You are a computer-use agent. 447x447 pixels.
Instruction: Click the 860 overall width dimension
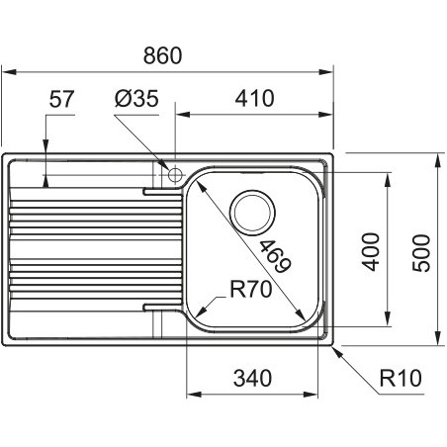click(x=162, y=55)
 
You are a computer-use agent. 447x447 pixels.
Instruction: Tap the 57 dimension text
click(x=61, y=99)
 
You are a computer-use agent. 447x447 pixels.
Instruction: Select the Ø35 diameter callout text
click(x=136, y=98)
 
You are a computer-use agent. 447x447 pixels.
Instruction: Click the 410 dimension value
click(x=254, y=98)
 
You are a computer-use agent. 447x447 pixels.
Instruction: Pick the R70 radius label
click(x=251, y=289)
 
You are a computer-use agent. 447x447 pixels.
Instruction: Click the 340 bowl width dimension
click(x=252, y=378)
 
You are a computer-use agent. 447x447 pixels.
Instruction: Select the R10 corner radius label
click(x=401, y=378)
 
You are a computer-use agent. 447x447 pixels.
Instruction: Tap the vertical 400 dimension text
click(x=370, y=252)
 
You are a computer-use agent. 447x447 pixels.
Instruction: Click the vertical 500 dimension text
click(x=421, y=253)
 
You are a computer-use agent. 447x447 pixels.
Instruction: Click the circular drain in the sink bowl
click(x=252, y=212)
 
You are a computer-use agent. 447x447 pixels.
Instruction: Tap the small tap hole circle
click(x=175, y=174)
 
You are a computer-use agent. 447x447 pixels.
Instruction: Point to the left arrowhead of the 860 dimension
click(x=9, y=72)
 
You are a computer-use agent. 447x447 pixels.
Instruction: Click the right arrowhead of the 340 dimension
click(x=311, y=395)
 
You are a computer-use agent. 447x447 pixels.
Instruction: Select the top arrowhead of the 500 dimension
click(x=438, y=160)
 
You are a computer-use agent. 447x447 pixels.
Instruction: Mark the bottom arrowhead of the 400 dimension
click(x=388, y=318)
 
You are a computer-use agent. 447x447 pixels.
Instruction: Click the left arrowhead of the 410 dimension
click(x=183, y=115)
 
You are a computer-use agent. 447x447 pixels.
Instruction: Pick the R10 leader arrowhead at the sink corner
click(x=337, y=351)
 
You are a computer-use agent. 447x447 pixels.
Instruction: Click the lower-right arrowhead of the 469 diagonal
click(x=301, y=314)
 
